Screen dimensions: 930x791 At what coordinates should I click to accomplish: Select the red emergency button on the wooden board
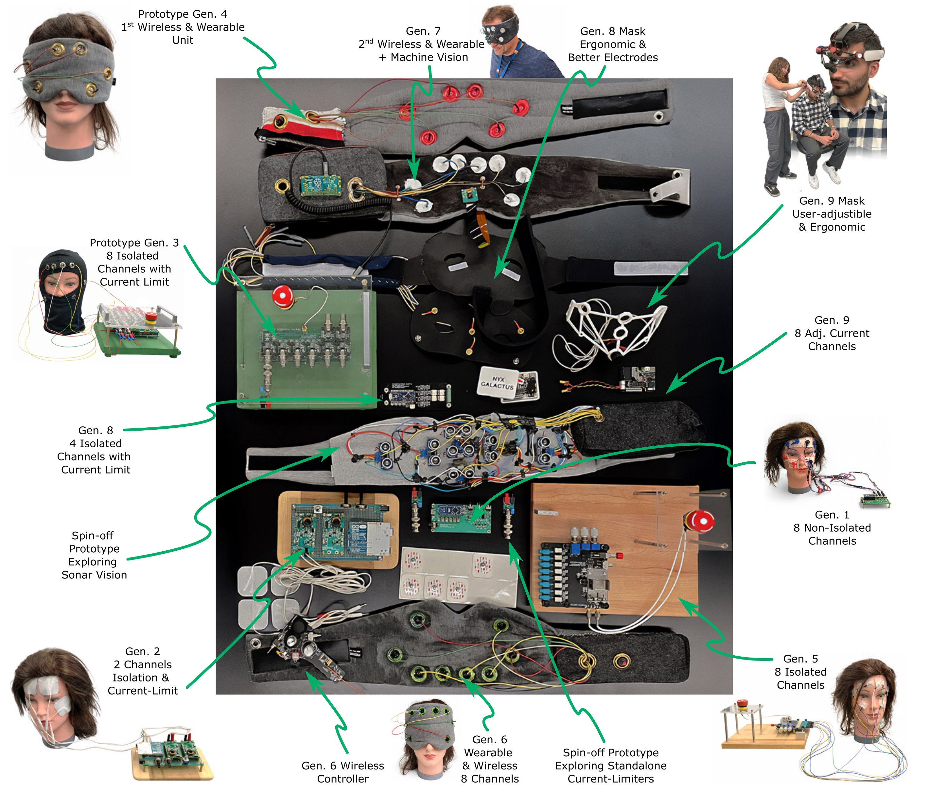click(699, 522)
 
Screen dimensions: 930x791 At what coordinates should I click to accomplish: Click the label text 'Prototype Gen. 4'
click(183, 14)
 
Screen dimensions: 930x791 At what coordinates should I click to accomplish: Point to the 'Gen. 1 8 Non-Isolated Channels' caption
click(832, 527)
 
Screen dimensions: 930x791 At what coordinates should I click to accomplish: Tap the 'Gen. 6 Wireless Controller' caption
click(343, 772)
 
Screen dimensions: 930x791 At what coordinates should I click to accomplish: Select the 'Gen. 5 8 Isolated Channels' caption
click(800, 671)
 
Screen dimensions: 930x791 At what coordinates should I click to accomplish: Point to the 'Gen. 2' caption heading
click(143, 651)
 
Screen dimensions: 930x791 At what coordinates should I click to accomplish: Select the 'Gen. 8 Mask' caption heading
click(612, 31)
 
